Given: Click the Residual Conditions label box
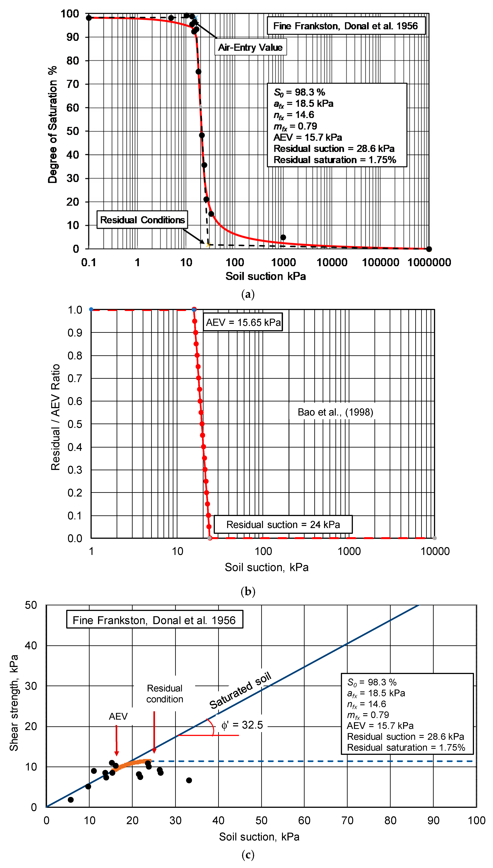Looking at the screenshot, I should [142, 220].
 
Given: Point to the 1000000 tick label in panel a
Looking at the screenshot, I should [429, 262].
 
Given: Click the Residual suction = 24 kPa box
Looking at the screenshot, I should [283, 525].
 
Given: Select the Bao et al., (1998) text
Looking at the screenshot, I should [335, 412].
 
